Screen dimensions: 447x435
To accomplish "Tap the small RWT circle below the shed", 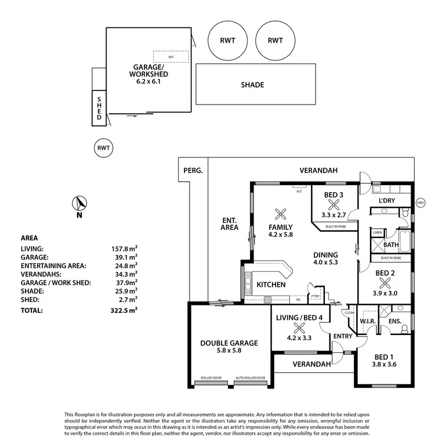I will [103, 149].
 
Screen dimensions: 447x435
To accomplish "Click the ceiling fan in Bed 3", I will [333, 204].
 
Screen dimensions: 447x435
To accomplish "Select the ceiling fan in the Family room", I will [281, 212].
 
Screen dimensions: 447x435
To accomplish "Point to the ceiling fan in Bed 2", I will [385, 283].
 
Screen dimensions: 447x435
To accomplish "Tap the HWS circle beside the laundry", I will [420, 203].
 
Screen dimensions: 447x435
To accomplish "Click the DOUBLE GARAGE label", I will [229, 343].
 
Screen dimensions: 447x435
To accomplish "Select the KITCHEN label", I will [270, 285].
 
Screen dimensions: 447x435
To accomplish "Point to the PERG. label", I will [193, 171].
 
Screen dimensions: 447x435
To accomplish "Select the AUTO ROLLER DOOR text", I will [251, 377].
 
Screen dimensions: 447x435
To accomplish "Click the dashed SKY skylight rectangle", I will [171, 57].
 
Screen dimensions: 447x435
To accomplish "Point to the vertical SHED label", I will [99, 108].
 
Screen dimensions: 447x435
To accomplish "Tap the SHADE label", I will [252, 85].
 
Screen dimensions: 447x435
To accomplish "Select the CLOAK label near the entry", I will [349, 313].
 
